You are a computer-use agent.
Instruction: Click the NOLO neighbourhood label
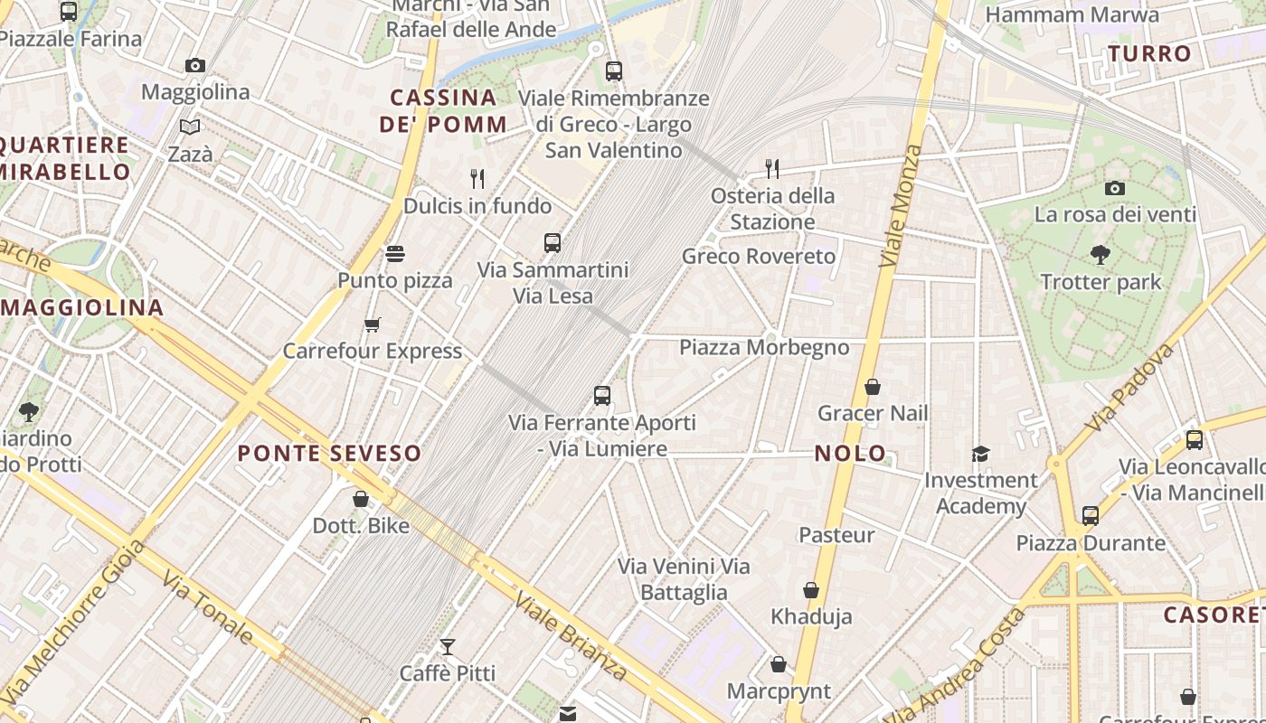coord(850,454)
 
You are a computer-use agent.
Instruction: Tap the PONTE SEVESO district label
coord(329,453)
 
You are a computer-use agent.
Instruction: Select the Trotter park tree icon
coord(1101,255)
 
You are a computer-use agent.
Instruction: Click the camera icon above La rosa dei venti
coord(1115,188)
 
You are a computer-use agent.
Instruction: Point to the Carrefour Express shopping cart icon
coord(372,324)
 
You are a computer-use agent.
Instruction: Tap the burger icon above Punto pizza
coord(395,254)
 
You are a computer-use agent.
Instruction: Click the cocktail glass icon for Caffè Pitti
coord(447,646)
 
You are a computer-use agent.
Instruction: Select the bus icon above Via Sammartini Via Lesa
coord(553,242)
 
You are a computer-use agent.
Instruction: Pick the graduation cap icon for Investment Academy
coord(980,454)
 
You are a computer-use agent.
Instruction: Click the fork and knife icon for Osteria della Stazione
coord(771,168)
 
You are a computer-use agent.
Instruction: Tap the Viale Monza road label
coord(902,206)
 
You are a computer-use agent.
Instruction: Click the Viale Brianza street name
coord(570,635)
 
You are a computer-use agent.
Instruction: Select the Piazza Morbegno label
coord(764,348)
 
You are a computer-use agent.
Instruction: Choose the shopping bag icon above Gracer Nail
coord(873,387)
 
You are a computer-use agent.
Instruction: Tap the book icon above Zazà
coord(190,127)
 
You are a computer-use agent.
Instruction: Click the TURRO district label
coord(1149,54)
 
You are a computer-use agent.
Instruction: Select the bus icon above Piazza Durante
coord(1091,516)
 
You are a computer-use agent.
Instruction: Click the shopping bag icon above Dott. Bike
coord(361,498)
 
